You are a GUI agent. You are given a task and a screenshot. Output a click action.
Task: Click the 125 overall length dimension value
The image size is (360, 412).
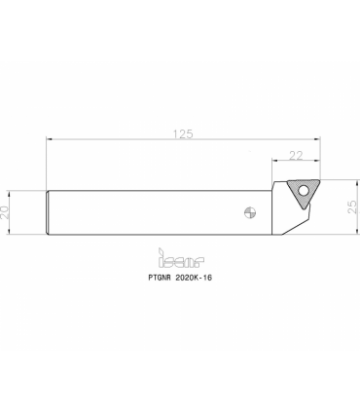click(183, 133)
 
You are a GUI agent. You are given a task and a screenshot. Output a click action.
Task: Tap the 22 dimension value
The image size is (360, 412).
click(296, 156)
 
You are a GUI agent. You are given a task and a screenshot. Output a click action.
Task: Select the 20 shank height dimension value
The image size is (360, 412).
click(5, 212)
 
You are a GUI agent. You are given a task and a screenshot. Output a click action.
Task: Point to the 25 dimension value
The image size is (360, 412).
click(352, 206)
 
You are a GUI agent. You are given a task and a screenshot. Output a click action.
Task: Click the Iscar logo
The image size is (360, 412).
click(181, 258)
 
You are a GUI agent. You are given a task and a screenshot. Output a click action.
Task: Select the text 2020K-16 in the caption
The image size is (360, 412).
click(194, 278)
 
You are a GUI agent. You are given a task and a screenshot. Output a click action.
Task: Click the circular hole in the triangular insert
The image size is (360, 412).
click(304, 191)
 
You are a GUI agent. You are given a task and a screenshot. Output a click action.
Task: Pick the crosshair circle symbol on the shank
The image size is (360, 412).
click(250, 213)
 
